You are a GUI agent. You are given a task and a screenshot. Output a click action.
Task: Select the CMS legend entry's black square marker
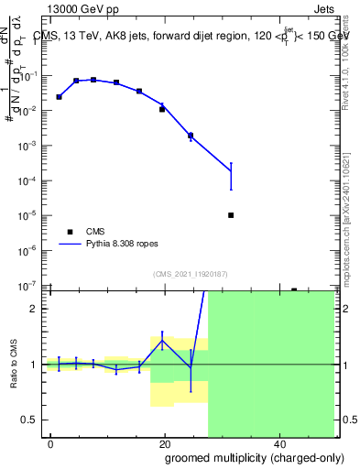[x=70, y=233]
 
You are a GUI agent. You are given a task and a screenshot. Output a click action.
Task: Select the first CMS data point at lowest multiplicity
[x=59, y=96]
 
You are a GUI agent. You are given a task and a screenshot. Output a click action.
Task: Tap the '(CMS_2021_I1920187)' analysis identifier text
[x=191, y=273]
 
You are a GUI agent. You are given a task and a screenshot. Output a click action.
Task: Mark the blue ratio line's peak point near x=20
[x=162, y=340]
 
